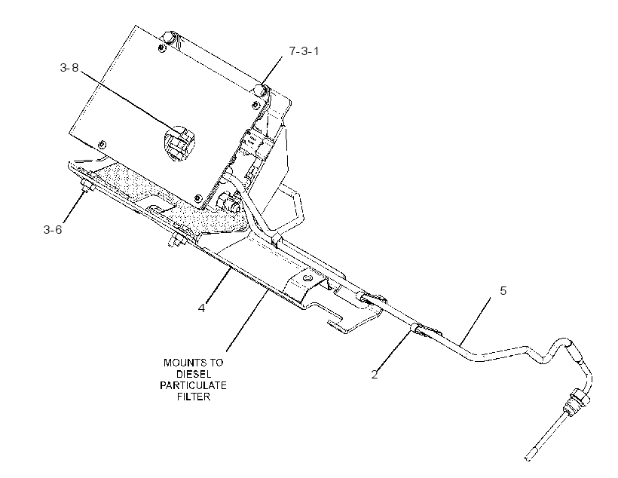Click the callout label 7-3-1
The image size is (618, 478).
click(304, 51)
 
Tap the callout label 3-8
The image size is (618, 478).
click(69, 68)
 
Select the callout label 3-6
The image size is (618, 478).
click(53, 229)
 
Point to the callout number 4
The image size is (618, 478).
click(202, 308)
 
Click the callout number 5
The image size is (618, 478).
click(503, 291)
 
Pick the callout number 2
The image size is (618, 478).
click(375, 374)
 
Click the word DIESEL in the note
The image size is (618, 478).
click(194, 374)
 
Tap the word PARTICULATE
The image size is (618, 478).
click(193, 385)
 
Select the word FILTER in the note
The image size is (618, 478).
click(194, 397)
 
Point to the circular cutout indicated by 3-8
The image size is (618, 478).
click(179, 143)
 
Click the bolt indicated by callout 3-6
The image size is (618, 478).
click(86, 185)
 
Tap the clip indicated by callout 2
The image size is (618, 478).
click(418, 329)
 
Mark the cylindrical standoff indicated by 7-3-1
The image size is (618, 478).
click(259, 90)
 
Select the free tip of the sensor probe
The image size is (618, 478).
click(527, 458)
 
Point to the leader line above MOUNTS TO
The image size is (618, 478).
click(247, 320)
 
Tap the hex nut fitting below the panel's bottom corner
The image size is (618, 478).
click(226, 201)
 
